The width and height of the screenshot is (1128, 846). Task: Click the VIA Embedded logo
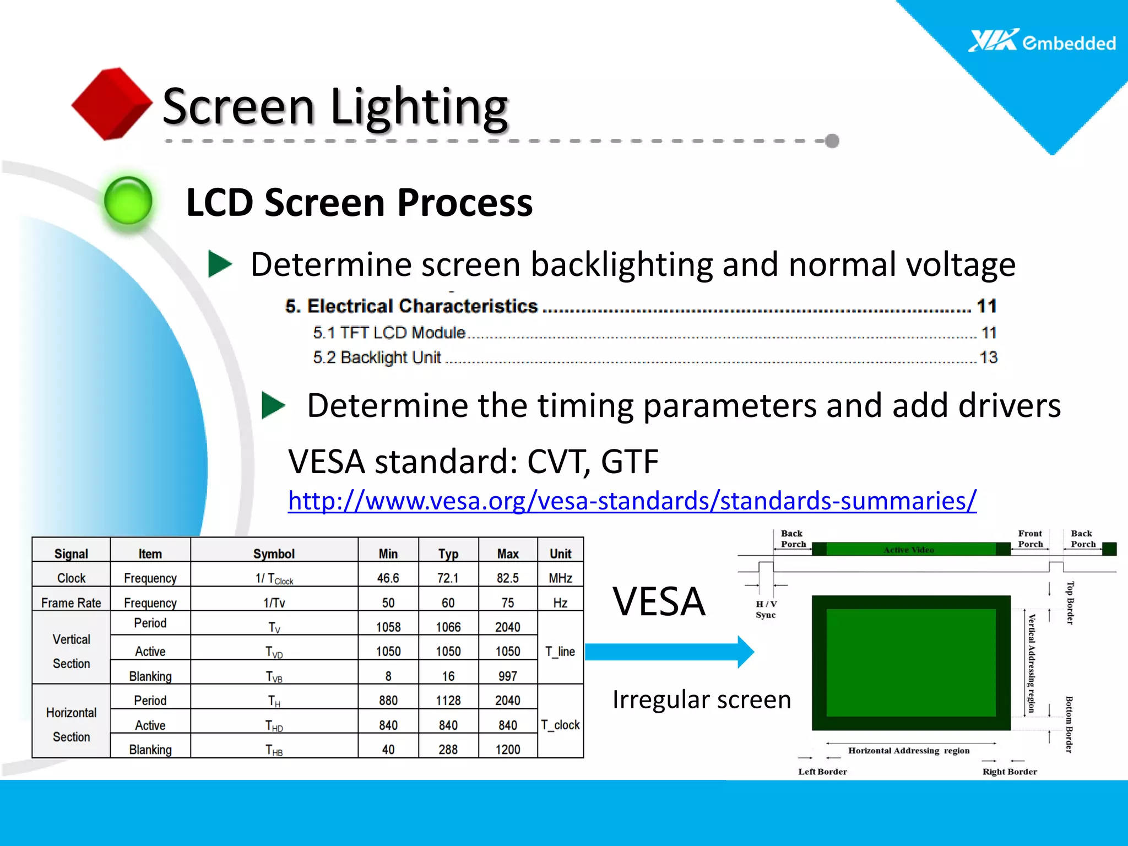tap(1041, 41)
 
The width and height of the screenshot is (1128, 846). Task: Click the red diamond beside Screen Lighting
tap(112, 104)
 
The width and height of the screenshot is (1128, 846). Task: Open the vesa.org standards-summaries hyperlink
tap(632, 501)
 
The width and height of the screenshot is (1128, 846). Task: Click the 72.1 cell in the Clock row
tap(448, 578)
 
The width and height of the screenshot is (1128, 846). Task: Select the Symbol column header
tap(274, 554)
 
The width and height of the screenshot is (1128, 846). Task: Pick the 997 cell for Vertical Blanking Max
tap(507, 676)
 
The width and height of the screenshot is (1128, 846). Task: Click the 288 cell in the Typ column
tap(448, 749)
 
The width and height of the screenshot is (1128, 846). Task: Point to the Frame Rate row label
tap(71, 603)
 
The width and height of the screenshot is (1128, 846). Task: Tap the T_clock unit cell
tap(560, 725)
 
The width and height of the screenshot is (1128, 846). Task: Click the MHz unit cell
tap(560, 578)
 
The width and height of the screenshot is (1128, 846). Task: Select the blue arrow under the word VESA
tap(669, 652)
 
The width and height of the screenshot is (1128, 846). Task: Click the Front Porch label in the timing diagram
tap(1030, 539)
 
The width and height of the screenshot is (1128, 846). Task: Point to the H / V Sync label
tap(766, 609)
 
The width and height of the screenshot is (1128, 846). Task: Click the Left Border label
tap(822, 772)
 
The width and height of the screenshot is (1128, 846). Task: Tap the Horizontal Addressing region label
tap(909, 751)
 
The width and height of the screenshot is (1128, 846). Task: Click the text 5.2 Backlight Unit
tap(377, 357)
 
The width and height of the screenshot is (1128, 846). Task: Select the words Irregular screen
tap(701, 699)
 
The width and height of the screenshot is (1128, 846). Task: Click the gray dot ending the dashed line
tap(832, 141)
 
